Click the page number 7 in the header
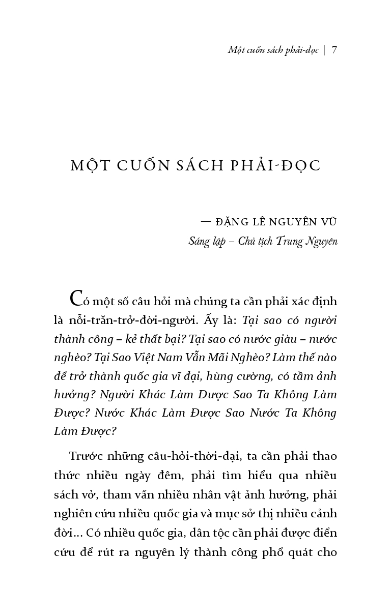[334, 50]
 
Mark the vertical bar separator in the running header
[324, 50]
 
